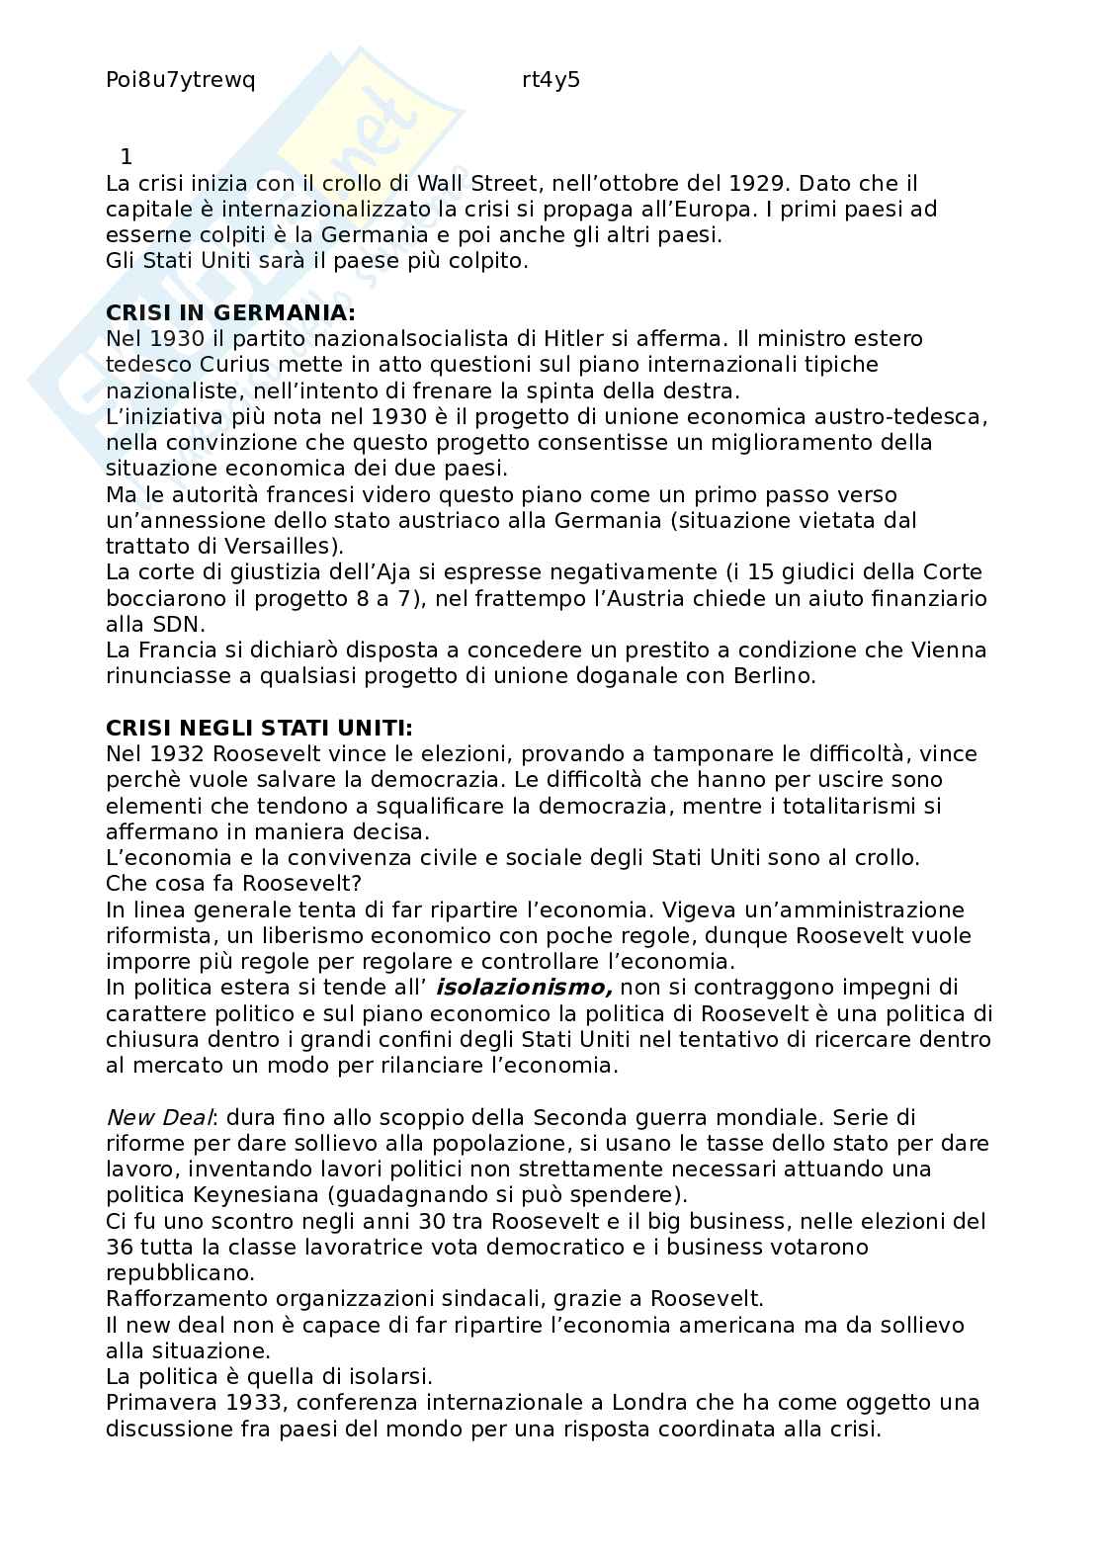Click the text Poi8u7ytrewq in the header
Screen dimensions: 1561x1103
(180, 81)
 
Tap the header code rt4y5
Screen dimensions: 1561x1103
(551, 81)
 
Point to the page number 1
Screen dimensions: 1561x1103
(126, 156)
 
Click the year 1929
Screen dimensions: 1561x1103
(758, 183)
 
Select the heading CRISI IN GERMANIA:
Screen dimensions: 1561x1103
(229, 312)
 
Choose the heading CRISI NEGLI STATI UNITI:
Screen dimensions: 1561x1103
(259, 728)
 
